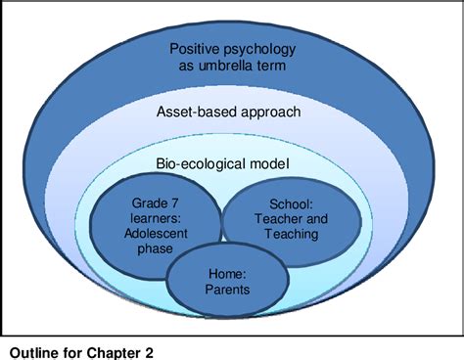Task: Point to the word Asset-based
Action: click(197, 112)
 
